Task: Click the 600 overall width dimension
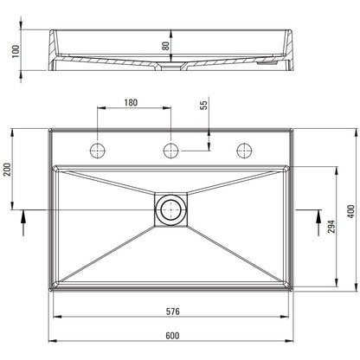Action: (172, 336)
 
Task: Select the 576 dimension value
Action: (172, 312)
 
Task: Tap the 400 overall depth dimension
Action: (351, 211)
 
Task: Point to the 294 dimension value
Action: (331, 227)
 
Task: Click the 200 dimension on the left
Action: (7, 170)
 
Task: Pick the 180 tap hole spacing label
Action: (131, 102)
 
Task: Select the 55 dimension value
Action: (203, 105)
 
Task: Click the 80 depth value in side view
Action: (166, 46)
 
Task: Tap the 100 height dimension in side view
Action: (16, 51)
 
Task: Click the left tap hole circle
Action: (98, 151)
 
